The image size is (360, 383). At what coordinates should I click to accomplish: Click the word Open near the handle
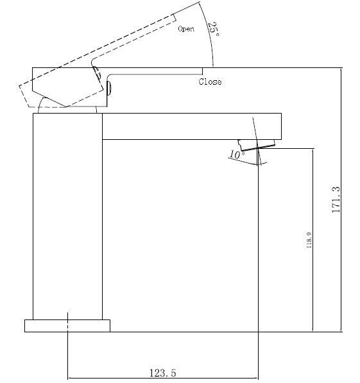186,29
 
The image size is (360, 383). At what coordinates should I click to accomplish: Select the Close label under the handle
210,82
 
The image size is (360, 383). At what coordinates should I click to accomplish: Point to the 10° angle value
236,155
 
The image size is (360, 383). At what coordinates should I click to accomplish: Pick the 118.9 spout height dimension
309,241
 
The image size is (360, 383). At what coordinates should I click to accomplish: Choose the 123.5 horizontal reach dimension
162,371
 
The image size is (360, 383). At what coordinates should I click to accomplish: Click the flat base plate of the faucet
67,325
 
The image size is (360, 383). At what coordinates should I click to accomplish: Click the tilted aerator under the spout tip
257,144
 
